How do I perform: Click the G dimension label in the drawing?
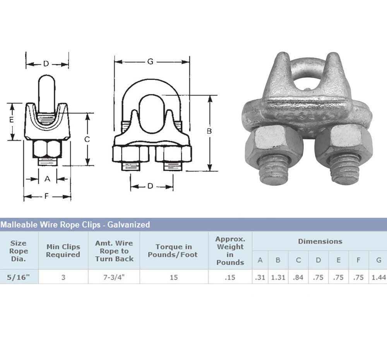coord(150,61)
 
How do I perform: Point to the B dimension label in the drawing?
coord(209,131)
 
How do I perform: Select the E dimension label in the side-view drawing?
coord(11,120)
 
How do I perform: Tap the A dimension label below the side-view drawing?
coord(47,179)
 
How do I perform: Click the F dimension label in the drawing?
coord(46,196)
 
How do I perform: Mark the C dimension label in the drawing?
coord(87,140)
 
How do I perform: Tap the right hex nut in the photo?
coord(344,143)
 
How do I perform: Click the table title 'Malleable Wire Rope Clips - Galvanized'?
coord(75,225)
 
